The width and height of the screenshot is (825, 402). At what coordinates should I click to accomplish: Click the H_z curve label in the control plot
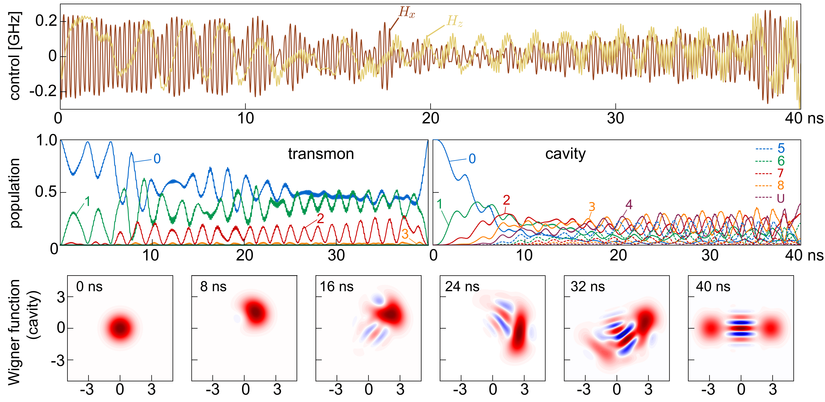click(454, 21)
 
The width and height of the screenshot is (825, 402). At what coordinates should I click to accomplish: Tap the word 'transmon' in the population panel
click(321, 154)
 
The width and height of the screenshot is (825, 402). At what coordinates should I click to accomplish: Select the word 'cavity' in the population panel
click(565, 154)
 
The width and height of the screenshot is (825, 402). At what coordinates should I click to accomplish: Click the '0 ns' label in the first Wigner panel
click(89, 287)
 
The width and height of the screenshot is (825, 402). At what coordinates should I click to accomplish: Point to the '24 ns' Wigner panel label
click(462, 287)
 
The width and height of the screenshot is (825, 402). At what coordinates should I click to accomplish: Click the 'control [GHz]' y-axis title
click(15, 56)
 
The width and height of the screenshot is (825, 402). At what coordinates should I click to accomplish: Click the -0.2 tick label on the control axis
click(43, 92)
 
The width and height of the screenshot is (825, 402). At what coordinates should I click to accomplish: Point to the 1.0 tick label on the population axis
click(47, 140)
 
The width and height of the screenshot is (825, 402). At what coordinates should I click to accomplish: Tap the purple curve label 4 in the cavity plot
click(629, 205)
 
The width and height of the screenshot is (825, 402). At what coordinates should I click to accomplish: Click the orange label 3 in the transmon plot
click(405, 234)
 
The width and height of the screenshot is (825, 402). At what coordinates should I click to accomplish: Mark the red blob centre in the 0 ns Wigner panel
click(120, 328)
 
